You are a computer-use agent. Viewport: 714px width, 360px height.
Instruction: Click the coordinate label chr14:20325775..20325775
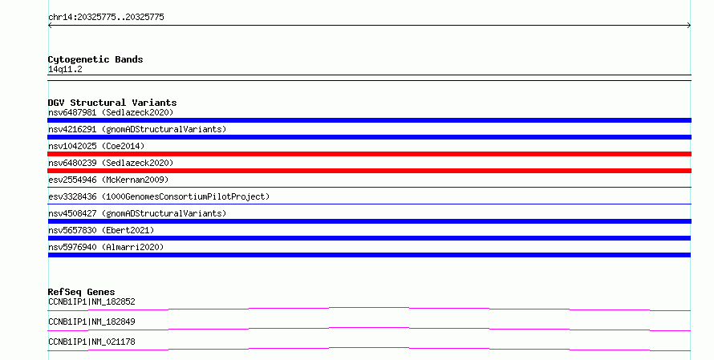click(x=106, y=18)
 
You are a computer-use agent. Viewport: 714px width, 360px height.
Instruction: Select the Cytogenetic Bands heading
click(x=95, y=59)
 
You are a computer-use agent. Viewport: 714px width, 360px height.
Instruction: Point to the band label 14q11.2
click(x=65, y=69)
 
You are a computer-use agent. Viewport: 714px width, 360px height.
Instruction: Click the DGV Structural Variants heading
click(x=112, y=103)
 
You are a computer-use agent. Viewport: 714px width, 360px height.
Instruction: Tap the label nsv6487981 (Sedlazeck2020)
click(x=111, y=112)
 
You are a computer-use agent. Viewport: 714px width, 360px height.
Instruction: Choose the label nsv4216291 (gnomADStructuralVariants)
click(x=137, y=129)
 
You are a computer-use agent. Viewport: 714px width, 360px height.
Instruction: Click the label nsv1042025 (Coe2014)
click(x=96, y=146)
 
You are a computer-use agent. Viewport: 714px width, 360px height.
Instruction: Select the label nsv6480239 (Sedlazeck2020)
click(x=111, y=163)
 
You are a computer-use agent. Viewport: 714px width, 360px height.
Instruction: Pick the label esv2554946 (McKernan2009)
click(x=108, y=180)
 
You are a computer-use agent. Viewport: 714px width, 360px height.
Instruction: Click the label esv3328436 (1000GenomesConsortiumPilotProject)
click(x=159, y=196)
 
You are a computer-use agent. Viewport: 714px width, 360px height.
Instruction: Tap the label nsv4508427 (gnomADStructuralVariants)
click(x=137, y=213)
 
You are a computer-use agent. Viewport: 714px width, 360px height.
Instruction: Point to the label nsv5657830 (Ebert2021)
click(x=101, y=230)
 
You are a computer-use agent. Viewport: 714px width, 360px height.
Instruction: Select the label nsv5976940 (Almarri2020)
click(x=106, y=247)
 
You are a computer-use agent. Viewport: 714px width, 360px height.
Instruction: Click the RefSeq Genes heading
click(x=81, y=292)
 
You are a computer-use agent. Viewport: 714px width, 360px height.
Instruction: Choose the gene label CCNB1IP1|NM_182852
click(x=91, y=301)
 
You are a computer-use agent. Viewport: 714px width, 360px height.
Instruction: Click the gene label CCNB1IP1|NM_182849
click(x=91, y=322)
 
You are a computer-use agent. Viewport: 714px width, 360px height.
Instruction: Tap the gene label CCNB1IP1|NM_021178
click(x=91, y=342)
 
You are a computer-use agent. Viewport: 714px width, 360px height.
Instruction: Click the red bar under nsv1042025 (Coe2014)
click(x=369, y=154)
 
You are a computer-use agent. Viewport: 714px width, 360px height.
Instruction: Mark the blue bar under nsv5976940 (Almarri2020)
click(x=369, y=255)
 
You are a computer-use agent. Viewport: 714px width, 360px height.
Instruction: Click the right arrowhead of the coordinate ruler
click(x=689, y=26)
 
